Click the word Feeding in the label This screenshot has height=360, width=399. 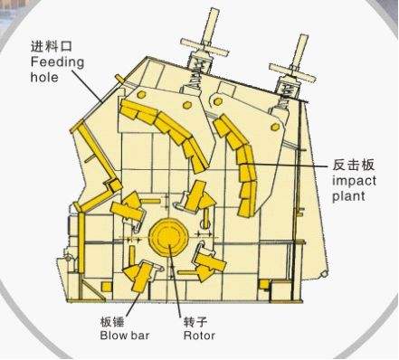tap(57, 62)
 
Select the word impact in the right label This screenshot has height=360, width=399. tap(353, 180)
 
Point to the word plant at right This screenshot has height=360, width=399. tap(349, 195)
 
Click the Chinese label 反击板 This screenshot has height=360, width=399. tap(354, 165)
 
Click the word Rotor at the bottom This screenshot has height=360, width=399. tap(199, 336)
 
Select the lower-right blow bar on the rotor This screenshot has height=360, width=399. tap(211, 262)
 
